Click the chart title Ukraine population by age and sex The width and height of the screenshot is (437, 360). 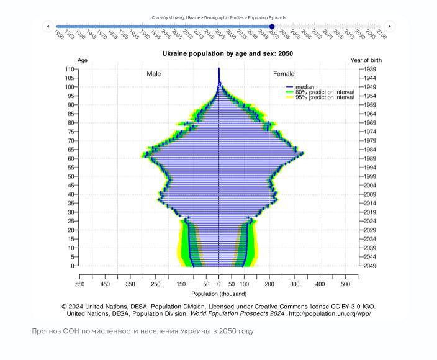pos(228,54)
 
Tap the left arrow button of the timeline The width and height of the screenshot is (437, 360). pos(48,26)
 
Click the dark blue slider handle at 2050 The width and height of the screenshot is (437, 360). pos(272,26)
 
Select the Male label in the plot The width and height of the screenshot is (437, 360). pos(153,74)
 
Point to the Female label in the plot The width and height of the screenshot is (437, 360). pos(284,74)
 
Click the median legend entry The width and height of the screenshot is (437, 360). pos(304,87)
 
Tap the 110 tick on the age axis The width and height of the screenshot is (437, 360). pos(70,69)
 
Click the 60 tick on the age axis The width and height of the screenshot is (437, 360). pos(72,159)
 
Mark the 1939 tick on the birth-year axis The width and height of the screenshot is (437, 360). pos(370,69)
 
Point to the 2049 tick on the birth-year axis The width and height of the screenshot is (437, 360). pos(370,266)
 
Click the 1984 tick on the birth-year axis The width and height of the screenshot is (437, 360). pos(370,150)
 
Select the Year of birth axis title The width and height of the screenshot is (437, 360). pos(366,60)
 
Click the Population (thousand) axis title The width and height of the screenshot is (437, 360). pos(218,294)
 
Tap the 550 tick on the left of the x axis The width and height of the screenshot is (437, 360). pos(79,284)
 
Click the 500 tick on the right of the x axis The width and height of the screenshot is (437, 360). pos(345,284)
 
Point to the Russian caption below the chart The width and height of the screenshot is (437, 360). pos(143,331)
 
